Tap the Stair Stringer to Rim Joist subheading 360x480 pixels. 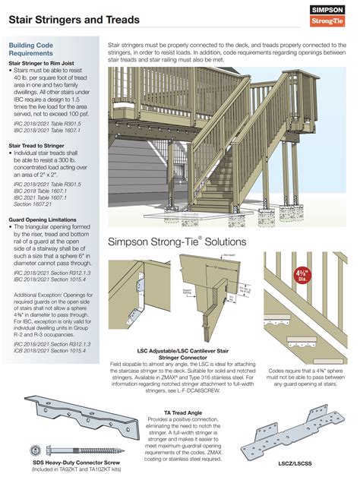coord(49,65)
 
